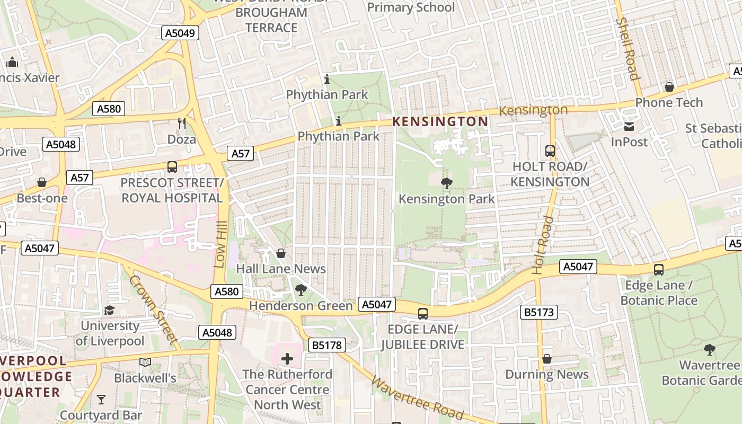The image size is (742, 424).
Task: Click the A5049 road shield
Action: (x=180, y=33)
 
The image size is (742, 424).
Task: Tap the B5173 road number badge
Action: (x=539, y=312)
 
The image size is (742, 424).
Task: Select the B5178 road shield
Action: (x=327, y=346)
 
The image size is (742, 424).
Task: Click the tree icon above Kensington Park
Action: (x=446, y=183)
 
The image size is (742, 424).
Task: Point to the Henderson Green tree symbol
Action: (x=301, y=290)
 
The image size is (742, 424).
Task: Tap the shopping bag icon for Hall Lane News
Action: (x=281, y=253)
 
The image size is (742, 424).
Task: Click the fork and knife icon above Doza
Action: (x=182, y=123)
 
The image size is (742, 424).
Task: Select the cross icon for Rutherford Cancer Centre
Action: (x=287, y=359)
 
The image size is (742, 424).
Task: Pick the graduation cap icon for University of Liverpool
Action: (x=110, y=310)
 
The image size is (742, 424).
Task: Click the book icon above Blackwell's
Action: (x=145, y=363)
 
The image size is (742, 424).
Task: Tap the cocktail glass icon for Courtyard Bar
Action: (x=101, y=399)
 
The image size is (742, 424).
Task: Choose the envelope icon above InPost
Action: (x=629, y=127)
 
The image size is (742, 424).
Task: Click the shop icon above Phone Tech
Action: (x=669, y=87)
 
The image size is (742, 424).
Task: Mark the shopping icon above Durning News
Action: (x=547, y=359)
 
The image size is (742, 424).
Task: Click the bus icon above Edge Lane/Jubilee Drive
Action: (x=422, y=313)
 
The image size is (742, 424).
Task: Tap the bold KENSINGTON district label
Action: (x=440, y=121)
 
